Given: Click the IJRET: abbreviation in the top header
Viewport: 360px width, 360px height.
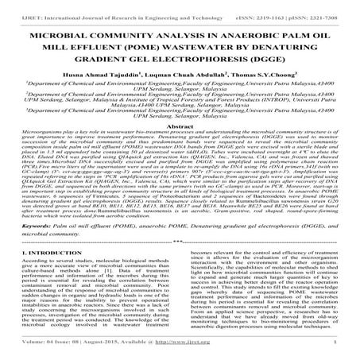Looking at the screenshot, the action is [x=12, y=6].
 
